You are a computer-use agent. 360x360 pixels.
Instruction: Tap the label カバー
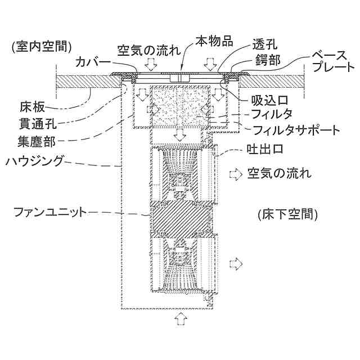coord(93,62)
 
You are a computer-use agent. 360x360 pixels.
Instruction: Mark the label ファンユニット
coord(51,212)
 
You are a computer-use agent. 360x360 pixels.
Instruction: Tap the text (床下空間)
coord(287,214)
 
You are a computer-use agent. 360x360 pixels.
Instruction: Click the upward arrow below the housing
coord(181,319)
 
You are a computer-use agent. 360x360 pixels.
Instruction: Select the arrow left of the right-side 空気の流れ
coord(233,173)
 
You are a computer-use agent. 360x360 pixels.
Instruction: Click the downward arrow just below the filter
coord(180,135)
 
